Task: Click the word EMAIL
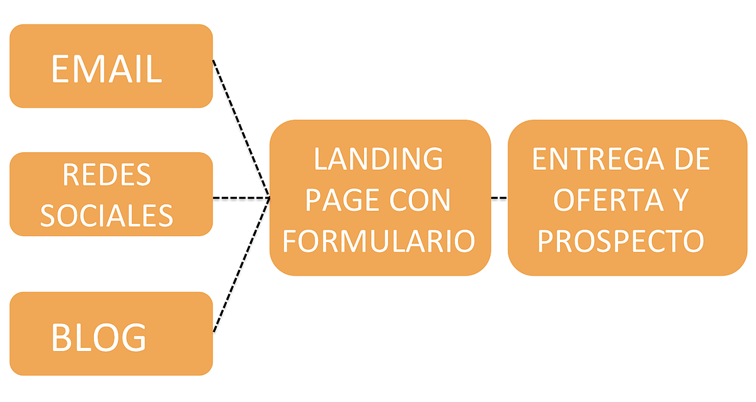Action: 106,69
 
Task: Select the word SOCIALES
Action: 106,215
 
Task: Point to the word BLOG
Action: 98,338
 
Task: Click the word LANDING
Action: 379,159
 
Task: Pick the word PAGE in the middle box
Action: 339,200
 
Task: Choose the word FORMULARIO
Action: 379,241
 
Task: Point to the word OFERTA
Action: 601,200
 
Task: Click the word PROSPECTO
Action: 621,241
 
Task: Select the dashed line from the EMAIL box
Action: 241,129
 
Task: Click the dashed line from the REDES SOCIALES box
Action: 241,198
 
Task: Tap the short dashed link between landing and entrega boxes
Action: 499,198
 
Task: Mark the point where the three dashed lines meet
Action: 270,198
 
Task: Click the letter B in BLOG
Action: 62,338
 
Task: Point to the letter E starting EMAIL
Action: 59,69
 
